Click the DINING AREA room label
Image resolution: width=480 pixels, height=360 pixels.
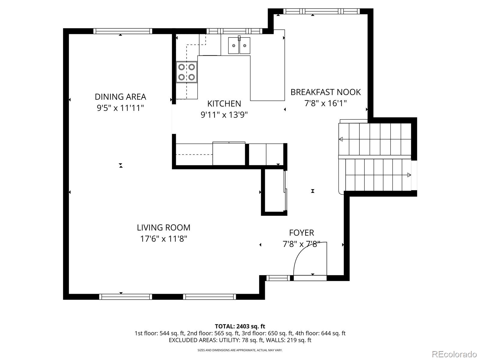(120, 97)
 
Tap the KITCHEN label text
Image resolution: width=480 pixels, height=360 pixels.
(224, 103)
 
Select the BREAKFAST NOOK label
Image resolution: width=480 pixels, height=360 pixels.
(325, 92)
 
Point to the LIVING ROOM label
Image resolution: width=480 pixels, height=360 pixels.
(163, 227)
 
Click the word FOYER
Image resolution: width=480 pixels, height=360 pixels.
(301, 233)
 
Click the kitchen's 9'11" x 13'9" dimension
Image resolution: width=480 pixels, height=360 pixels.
(224, 115)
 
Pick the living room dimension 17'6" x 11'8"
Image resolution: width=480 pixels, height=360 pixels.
(163, 239)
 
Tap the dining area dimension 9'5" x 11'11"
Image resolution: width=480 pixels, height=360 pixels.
(120, 108)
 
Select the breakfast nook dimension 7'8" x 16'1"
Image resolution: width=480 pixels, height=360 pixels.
(325, 103)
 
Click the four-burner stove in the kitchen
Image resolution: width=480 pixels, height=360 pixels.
(187, 72)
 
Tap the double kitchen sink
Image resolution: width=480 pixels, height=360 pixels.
(239, 45)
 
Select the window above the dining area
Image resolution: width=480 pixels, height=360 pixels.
(123, 31)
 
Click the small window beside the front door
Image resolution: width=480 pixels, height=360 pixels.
(278, 278)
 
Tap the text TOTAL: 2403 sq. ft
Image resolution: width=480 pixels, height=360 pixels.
(240, 326)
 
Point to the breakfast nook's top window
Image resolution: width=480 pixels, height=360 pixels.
(322, 11)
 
